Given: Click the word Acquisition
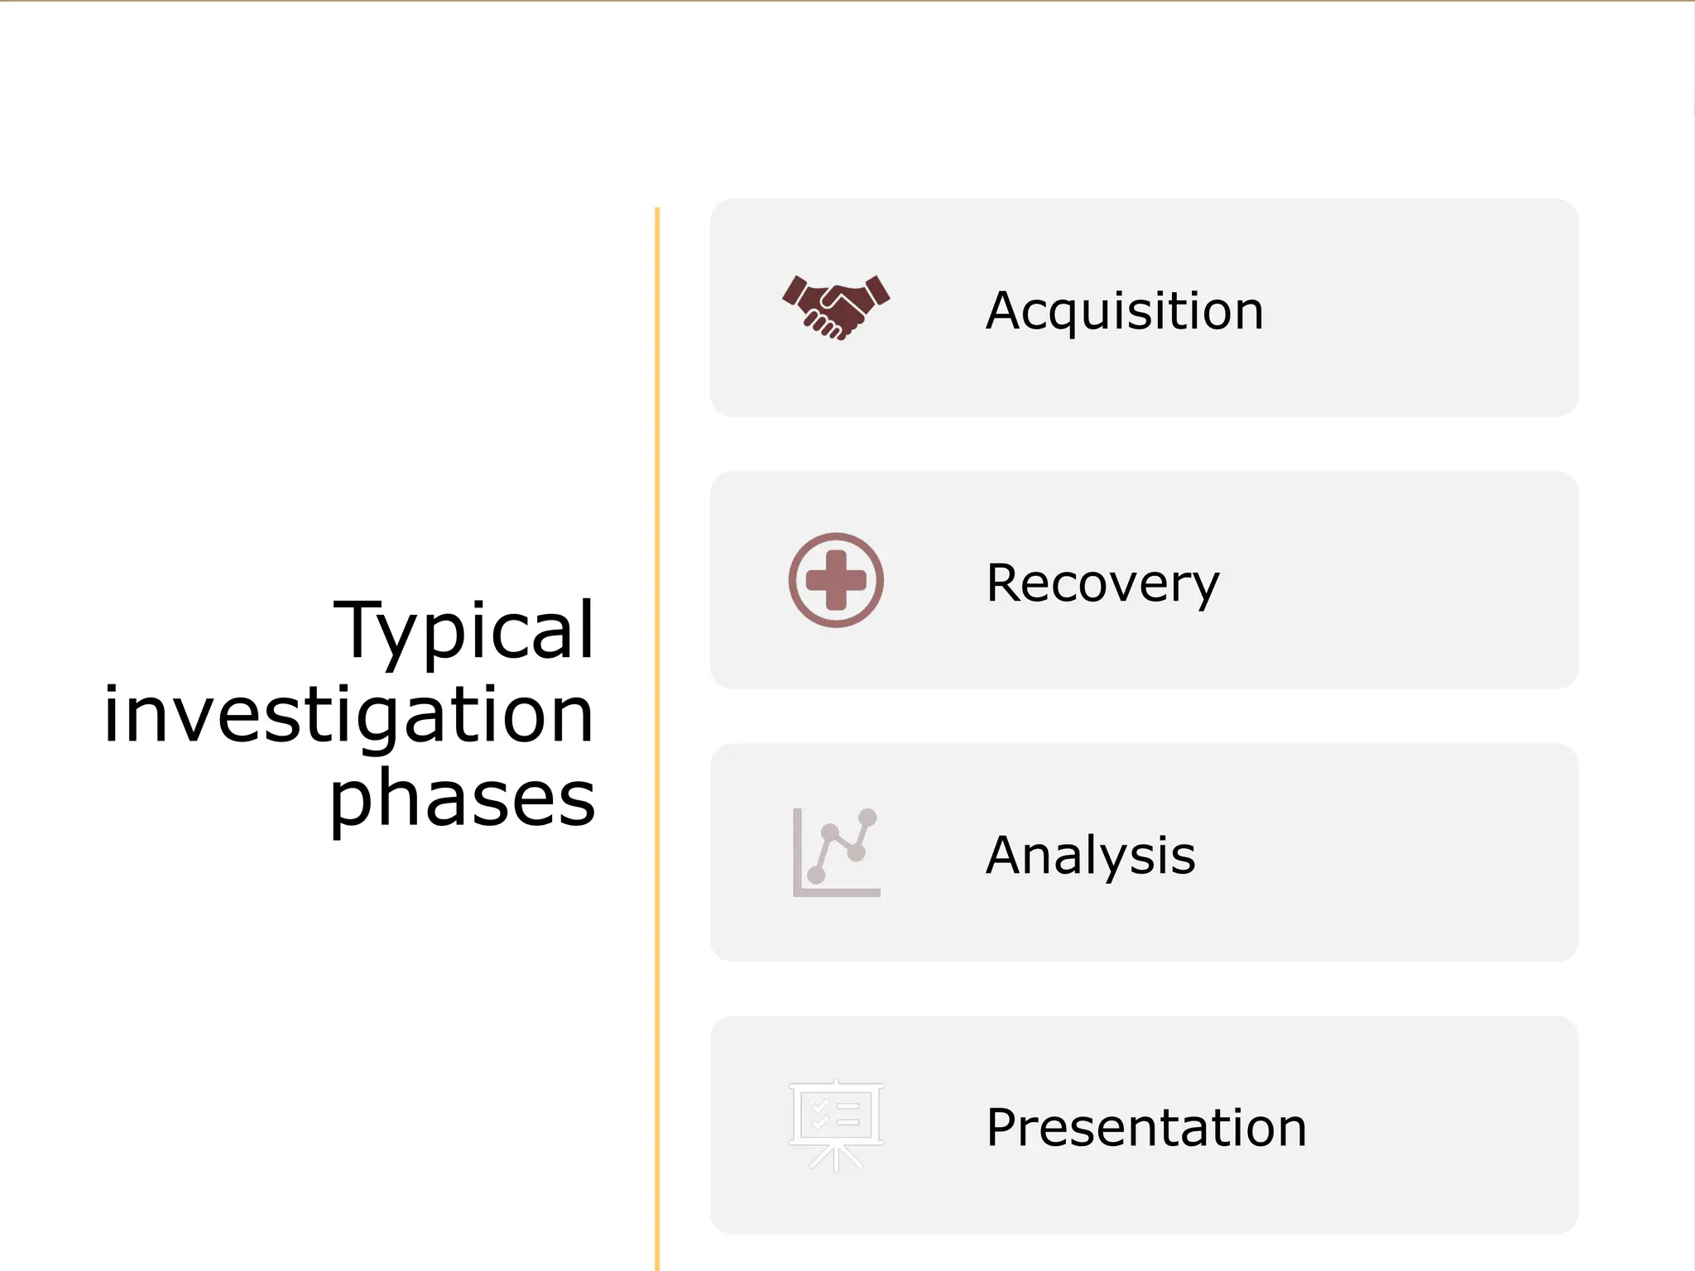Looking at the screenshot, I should pos(1124,310).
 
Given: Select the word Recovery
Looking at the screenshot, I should pos(1102,583).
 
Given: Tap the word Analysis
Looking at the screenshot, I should pos(1090,855).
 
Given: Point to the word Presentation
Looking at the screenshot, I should pos(1145,1127).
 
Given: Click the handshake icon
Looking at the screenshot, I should pos(836,307).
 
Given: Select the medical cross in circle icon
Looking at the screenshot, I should pos(836,580).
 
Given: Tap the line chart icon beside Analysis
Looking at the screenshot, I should pos(836,852).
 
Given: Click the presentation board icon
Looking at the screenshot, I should pos(836,1125).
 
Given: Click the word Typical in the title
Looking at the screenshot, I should pos(463,631).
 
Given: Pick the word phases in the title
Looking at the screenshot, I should pos(462,798).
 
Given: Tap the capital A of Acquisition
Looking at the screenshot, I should pos(1004,310).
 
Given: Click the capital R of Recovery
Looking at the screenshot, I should pos(1005,583).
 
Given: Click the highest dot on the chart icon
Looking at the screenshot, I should pos(867,818).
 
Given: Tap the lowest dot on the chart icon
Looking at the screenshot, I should pos(816,875).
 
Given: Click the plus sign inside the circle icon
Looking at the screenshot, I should pos(836,580).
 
